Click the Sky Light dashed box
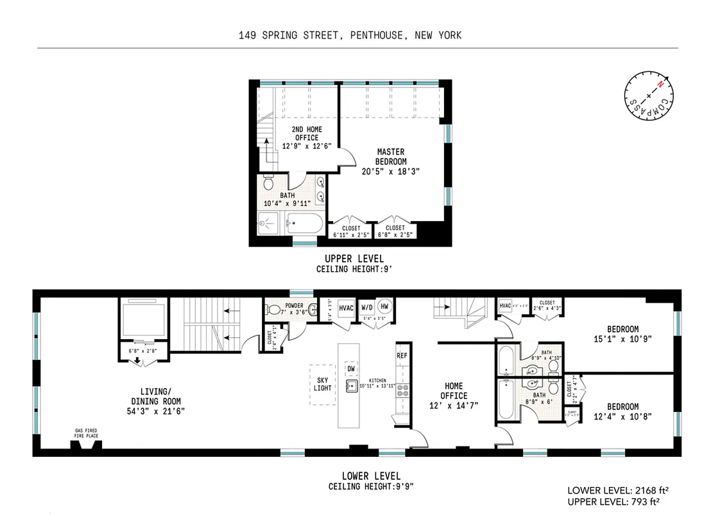(323, 384)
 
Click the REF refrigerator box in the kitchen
(402, 355)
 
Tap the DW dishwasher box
(351, 369)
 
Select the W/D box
(366, 307)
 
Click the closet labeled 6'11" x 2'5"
(350, 231)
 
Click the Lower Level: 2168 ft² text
(614, 489)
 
